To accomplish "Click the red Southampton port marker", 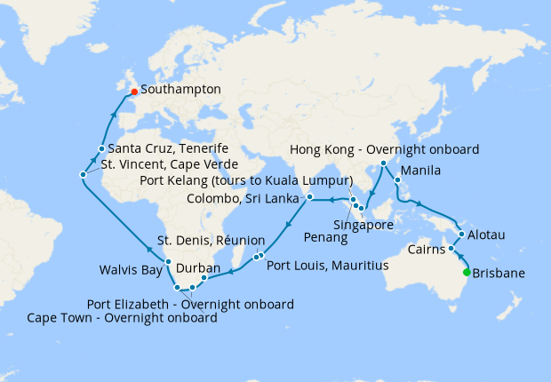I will pyautogui.click(x=133, y=91).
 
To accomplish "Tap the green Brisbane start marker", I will pyautogui.click(x=467, y=273).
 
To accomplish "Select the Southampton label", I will pyautogui.click(x=181, y=90).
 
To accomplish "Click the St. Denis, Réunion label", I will pyautogui.click(x=211, y=240).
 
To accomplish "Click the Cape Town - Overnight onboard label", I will pyautogui.click(x=124, y=318).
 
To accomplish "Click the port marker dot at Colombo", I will pyautogui.click(x=309, y=196).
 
